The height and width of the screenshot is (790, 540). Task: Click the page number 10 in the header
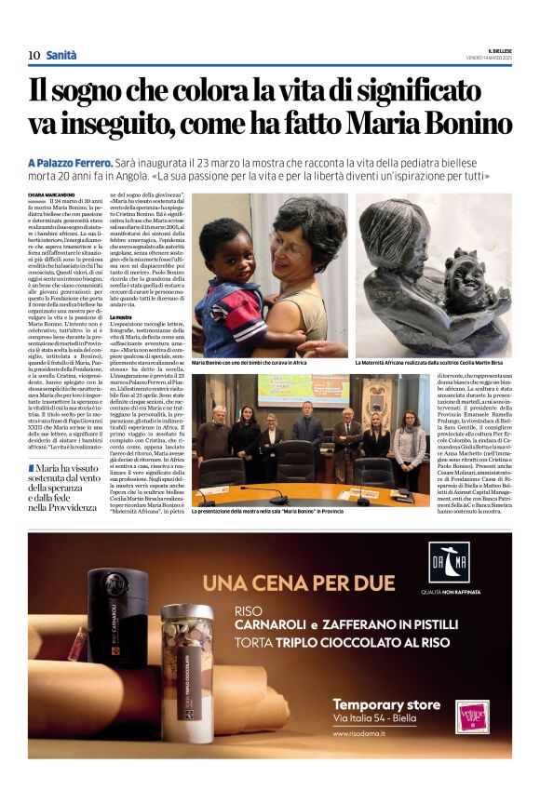34,55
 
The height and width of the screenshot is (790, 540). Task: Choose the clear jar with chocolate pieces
187,661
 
